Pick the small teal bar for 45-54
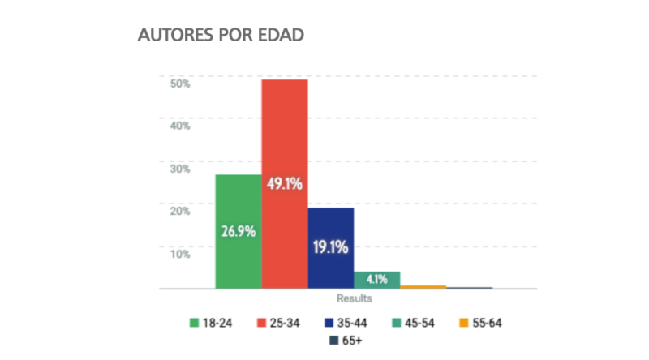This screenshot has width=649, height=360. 376,280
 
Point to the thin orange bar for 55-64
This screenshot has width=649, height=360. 423,286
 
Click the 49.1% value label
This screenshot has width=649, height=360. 284,184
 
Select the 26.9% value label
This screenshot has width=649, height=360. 239,231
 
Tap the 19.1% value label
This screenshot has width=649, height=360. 330,246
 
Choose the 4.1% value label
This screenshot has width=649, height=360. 377,280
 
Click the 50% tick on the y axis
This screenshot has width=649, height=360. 179,83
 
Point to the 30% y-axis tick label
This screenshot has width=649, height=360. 179,169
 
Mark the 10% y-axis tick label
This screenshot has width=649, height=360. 179,254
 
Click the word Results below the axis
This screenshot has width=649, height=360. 355,298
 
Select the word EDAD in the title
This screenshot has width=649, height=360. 281,36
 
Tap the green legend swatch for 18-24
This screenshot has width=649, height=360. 194,323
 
